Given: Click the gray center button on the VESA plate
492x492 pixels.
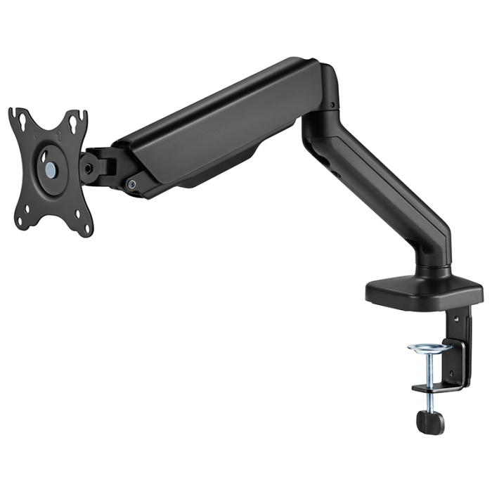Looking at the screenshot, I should pyautogui.click(x=51, y=169).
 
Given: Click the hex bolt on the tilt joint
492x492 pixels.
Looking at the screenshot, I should pyautogui.click(x=89, y=169).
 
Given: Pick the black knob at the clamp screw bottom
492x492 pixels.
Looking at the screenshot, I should pyautogui.click(x=429, y=421).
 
